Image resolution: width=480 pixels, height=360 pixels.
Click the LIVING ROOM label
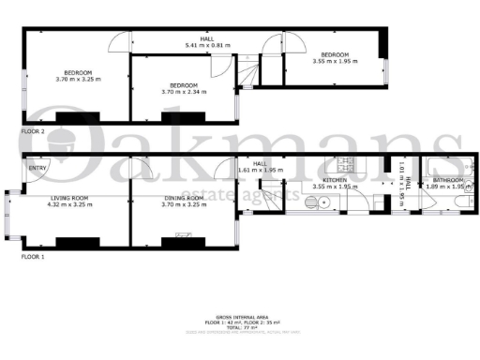tap(68, 199)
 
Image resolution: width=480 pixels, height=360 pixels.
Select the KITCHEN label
tap(336, 179)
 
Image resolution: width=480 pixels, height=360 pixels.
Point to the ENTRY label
tap(37, 169)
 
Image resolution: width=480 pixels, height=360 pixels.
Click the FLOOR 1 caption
tap(33, 256)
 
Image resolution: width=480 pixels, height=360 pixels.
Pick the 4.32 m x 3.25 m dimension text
tap(68, 204)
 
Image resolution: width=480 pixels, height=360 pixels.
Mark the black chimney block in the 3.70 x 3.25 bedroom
tap(70, 116)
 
